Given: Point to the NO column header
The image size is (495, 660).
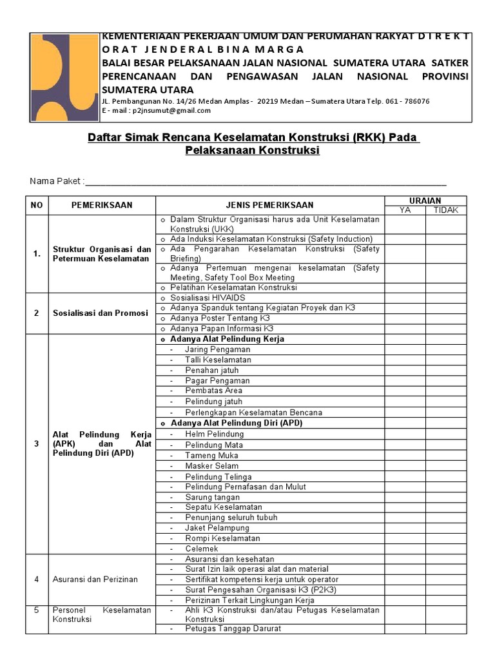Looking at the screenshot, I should pyautogui.click(x=37, y=205).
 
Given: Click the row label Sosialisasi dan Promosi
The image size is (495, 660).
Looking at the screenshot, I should pyautogui.click(x=101, y=313).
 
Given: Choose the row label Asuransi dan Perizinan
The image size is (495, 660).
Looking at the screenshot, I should pyautogui.click(x=95, y=579).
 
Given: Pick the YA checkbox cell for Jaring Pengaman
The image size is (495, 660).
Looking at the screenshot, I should pyautogui.click(x=405, y=349).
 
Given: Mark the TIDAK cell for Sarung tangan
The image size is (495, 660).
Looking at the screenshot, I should pyautogui.click(x=446, y=498).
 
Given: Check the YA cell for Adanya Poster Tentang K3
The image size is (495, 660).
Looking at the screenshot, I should pyautogui.click(x=405, y=318).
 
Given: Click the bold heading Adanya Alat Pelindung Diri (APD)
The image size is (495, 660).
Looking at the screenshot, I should pyautogui.click(x=236, y=423).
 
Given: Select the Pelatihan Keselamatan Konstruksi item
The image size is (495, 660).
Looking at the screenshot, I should pyautogui.click(x=233, y=287).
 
